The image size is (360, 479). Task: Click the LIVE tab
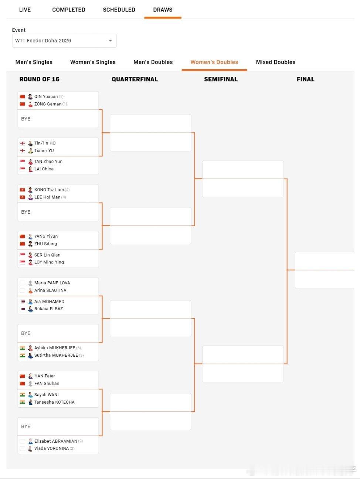pyautogui.click(x=25, y=10)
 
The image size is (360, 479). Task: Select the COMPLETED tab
pyautogui.click(x=69, y=10)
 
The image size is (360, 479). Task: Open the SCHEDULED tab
pyautogui.click(x=119, y=10)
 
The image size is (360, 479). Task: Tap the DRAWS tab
pyautogui.click(x=163, y=10)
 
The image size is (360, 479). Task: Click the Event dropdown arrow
pyautogui.click(x=110, y=41)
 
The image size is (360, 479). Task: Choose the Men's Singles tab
pyautogui.click(x=34, y=62)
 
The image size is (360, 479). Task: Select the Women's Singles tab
pyautogui.click(x=93, y=62)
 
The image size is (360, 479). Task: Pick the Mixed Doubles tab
pyautogui.click(x=276, y=62)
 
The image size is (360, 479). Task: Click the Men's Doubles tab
pyautogui.click(x=153, y=62)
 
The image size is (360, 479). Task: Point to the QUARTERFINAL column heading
pyautogui.click(x=135, y=79)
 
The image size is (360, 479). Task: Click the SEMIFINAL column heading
pyautogui.click(x=221, y=79)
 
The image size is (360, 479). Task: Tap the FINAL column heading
pyautogui.click(x=306, y=79)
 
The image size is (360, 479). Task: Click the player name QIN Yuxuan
pyautogui.click(x=46, y=96)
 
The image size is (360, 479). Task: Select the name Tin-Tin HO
pyautogui.click(x=45, y=143)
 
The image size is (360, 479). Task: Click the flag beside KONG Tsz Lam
pyautogui.click(x=22, y=190)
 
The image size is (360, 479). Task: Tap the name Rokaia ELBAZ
pyautogui.click(x=48, y=309)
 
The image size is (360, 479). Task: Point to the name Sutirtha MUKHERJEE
pyautogui.click(x=56, y=355)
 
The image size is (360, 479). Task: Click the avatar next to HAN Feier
pyautogui.click(x=30, y=376)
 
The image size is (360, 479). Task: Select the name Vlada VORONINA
pyautogui.click(x=51, y=448)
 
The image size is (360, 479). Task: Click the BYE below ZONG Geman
pyautogui.click(x=26, y=119)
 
